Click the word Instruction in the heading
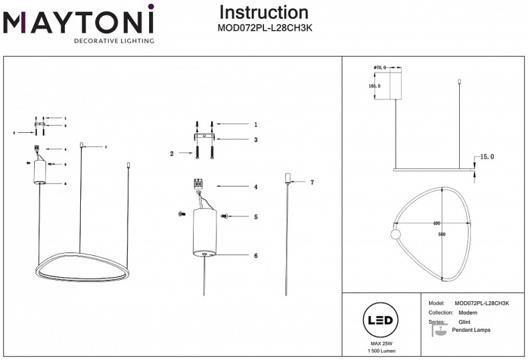[263, 12]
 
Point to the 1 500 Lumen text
[380, 351]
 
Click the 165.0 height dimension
[374, 86]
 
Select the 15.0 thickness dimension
[487, 157]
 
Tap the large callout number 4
[255, 187]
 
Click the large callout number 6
[255, 255]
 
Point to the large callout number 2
[172, 154]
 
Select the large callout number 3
[255, 140]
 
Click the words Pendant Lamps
[471, 330]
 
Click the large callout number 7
[311, 182]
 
